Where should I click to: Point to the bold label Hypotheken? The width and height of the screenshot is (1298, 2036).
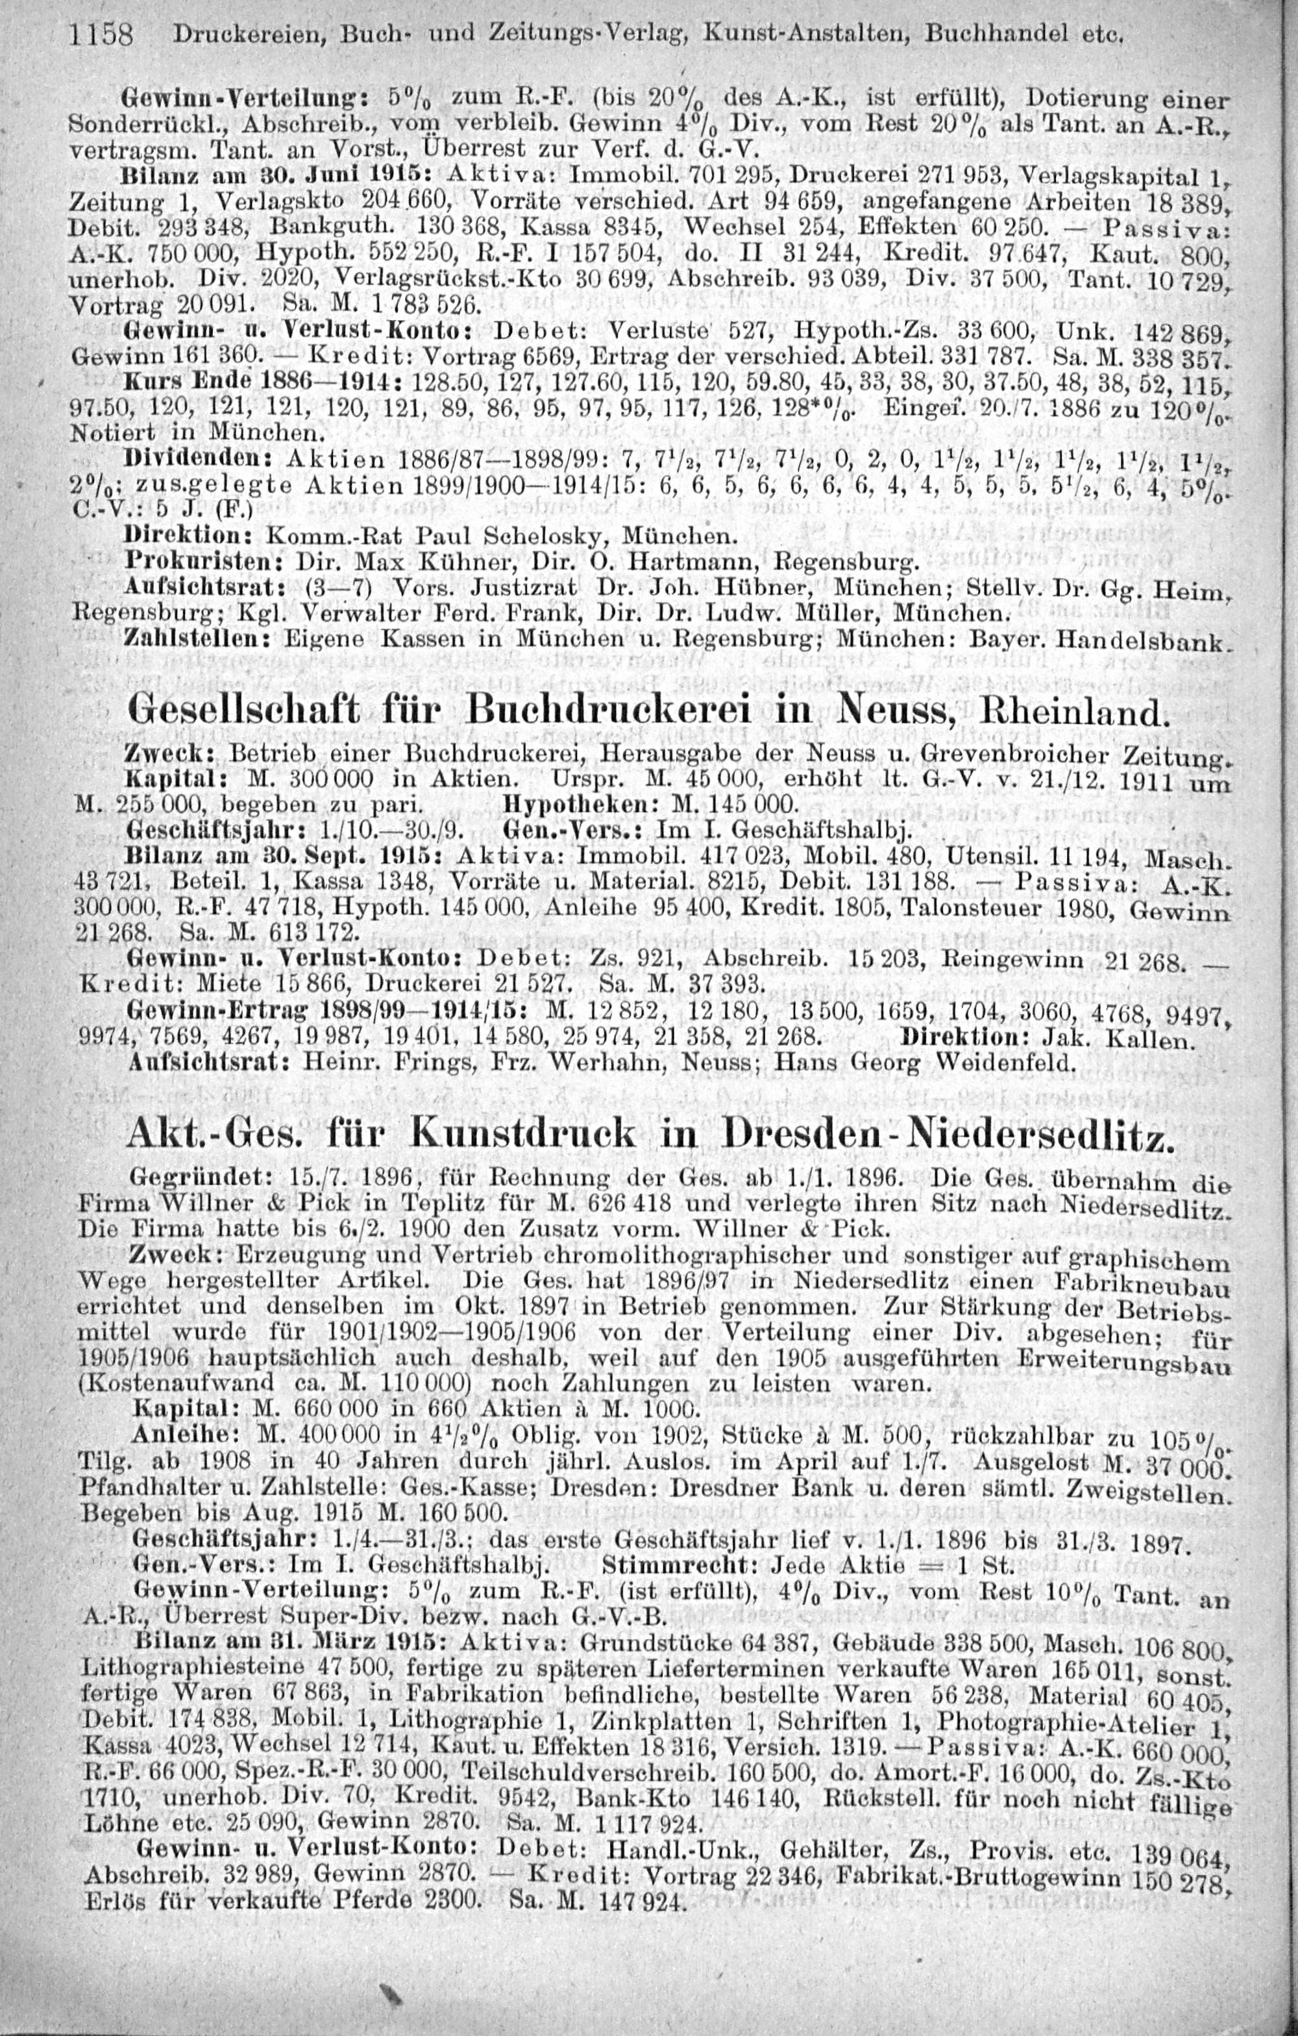(557, 801)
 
